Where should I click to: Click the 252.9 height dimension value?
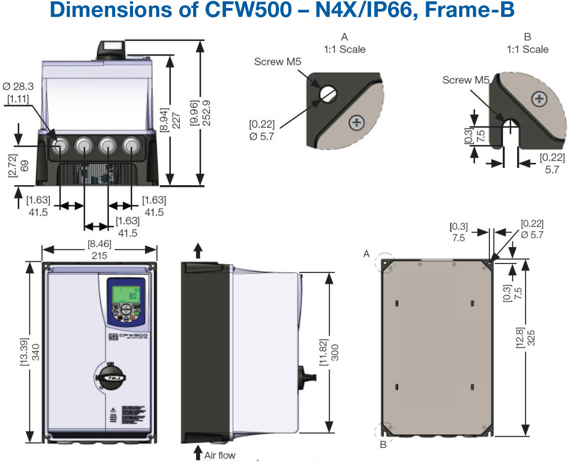point(206,113)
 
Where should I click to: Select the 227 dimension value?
point(176,120)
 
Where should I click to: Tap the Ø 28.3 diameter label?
point(18,86)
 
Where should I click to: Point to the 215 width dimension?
point(99,256)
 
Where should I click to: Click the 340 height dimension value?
point(36,352)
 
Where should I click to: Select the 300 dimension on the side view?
point(335,352)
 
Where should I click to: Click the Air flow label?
point(220,455)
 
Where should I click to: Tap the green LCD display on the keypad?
point(126,294)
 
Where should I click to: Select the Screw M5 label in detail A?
point(277,62)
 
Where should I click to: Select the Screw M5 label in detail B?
point(465,80)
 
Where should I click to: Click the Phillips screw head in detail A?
point(356,122)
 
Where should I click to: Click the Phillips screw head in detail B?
point(539,99)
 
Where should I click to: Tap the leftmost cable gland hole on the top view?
point(59,146)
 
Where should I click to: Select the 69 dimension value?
point(24,166)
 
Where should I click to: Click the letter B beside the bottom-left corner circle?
point(383,445)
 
